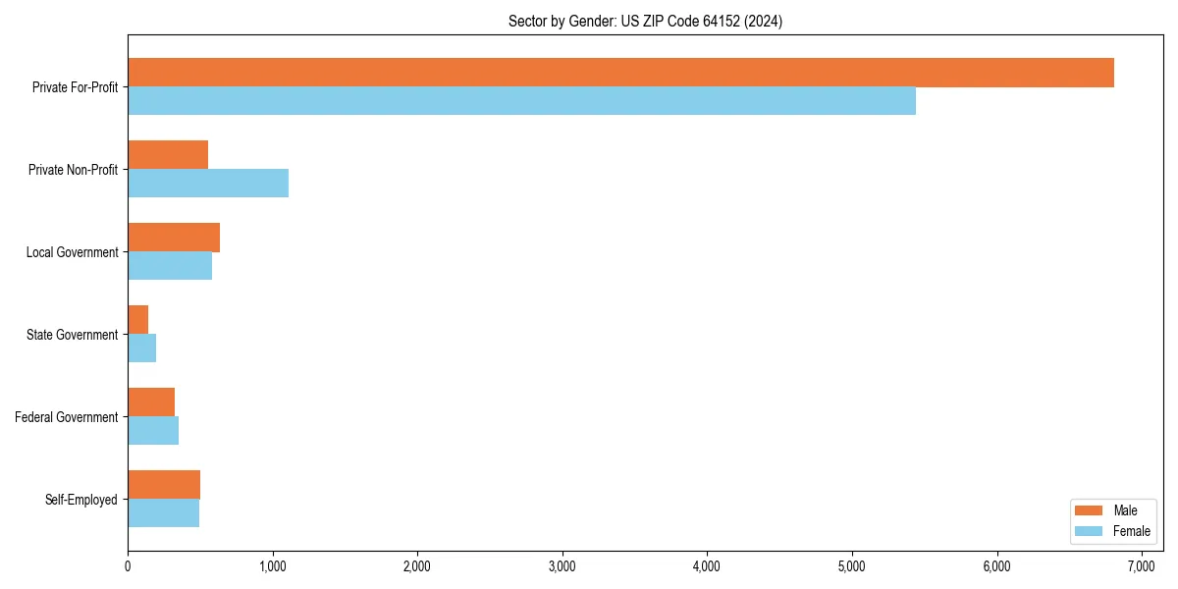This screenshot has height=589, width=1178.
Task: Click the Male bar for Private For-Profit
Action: tap(620, 73)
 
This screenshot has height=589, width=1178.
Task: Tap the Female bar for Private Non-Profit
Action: tap(208, 183)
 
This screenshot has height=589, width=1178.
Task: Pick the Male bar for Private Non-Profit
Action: tap(168, 155)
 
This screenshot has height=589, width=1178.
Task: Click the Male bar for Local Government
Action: tap(174, 238)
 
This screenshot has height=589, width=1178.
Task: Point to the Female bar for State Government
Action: tap(141, 348)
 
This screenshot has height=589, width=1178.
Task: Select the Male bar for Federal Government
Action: tap(151, 402)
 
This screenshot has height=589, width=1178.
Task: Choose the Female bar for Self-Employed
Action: tap(163, 512)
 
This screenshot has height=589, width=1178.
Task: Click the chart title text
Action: tap(645, 21)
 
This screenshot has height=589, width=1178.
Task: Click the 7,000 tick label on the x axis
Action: tap(1142, 566)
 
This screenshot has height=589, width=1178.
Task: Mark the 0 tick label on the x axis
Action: tap(128, 566)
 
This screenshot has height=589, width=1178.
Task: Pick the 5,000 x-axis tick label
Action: tap(852, 566)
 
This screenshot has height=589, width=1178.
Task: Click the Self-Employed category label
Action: tap(81, 500)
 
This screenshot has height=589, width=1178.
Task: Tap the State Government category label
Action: tap(72, 335)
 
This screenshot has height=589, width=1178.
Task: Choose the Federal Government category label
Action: tap(67, 417)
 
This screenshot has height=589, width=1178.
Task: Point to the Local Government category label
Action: tap(72, 252)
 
